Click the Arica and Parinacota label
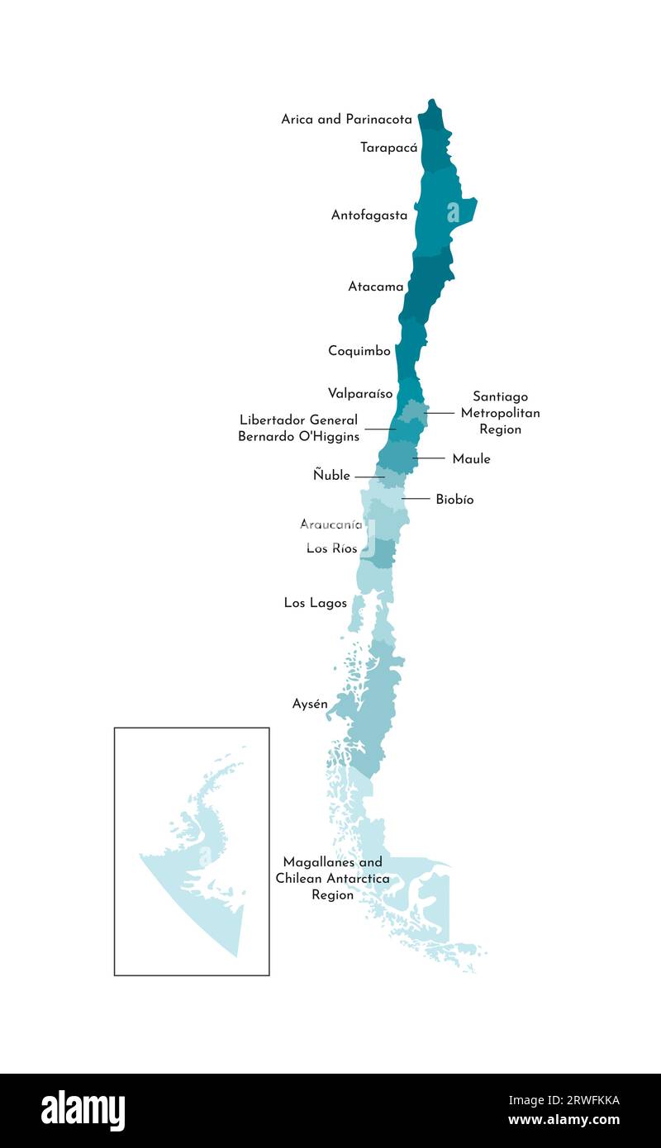346,119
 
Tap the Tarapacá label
388,148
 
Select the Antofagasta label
369,216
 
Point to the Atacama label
376,287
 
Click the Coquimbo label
359,351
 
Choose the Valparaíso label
360,393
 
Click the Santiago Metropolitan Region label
500,413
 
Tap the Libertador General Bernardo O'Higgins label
298,429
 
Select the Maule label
471,459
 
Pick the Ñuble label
331,476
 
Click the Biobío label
454,500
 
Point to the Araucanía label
330,524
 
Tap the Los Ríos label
331,548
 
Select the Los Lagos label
316,603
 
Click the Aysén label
310,704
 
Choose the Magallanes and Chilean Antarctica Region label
332,879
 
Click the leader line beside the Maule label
429,458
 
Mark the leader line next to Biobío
416,499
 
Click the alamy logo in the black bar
83,1111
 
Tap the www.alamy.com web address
564,1120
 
